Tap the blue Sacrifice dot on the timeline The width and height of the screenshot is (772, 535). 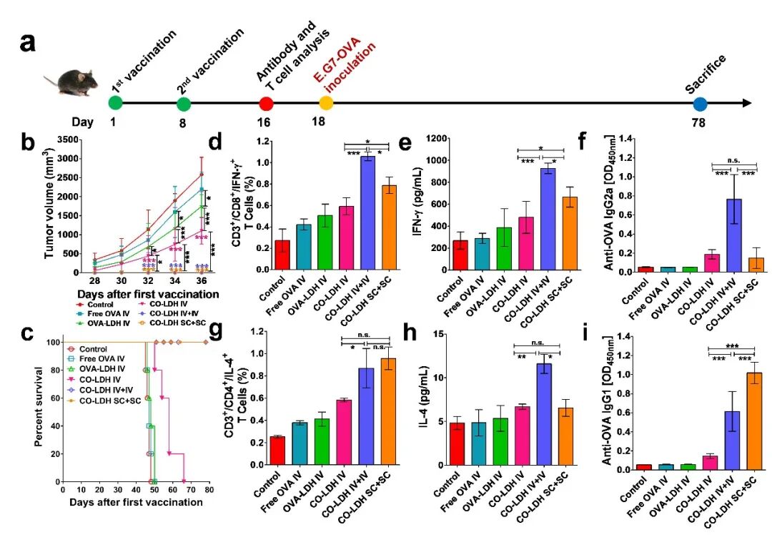(x=700, y=104)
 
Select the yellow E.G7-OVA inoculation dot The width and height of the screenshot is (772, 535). (x=326, y=104)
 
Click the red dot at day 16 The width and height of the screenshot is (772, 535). (x=267, y=104)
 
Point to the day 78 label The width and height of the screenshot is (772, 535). (x=698, y=122)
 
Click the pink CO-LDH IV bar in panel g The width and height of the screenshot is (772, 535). (x=345, y=441)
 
